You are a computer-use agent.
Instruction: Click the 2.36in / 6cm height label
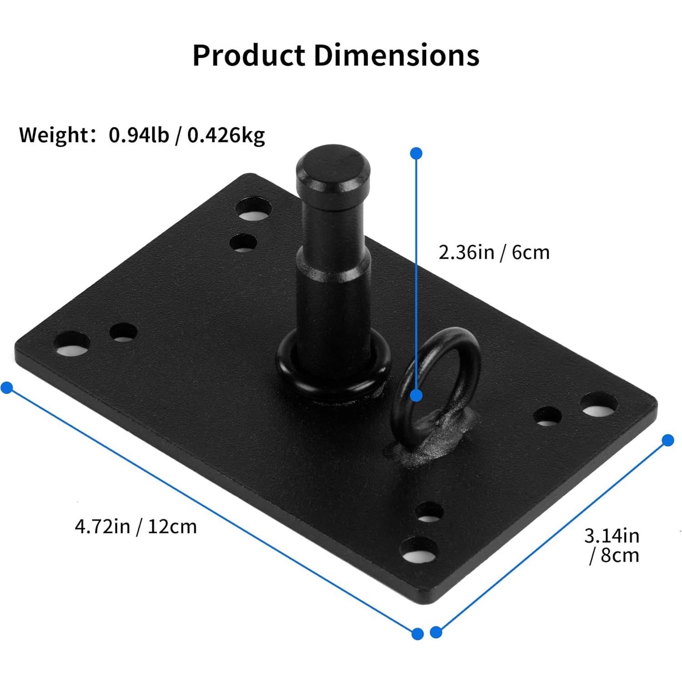click(x=494, y=252)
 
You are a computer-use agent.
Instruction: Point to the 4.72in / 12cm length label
click(x=136, y=526)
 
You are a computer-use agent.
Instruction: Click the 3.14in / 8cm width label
click(x=612, y=546)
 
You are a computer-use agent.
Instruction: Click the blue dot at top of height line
click(x=416, y=153)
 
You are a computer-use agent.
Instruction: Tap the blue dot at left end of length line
click(x=7, y=388)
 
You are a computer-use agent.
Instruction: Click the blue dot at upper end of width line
click(x=667, y=440)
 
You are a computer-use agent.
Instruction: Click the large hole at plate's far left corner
click(x=71, y=344)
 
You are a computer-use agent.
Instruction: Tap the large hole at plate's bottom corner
click(x=418, y=549)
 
